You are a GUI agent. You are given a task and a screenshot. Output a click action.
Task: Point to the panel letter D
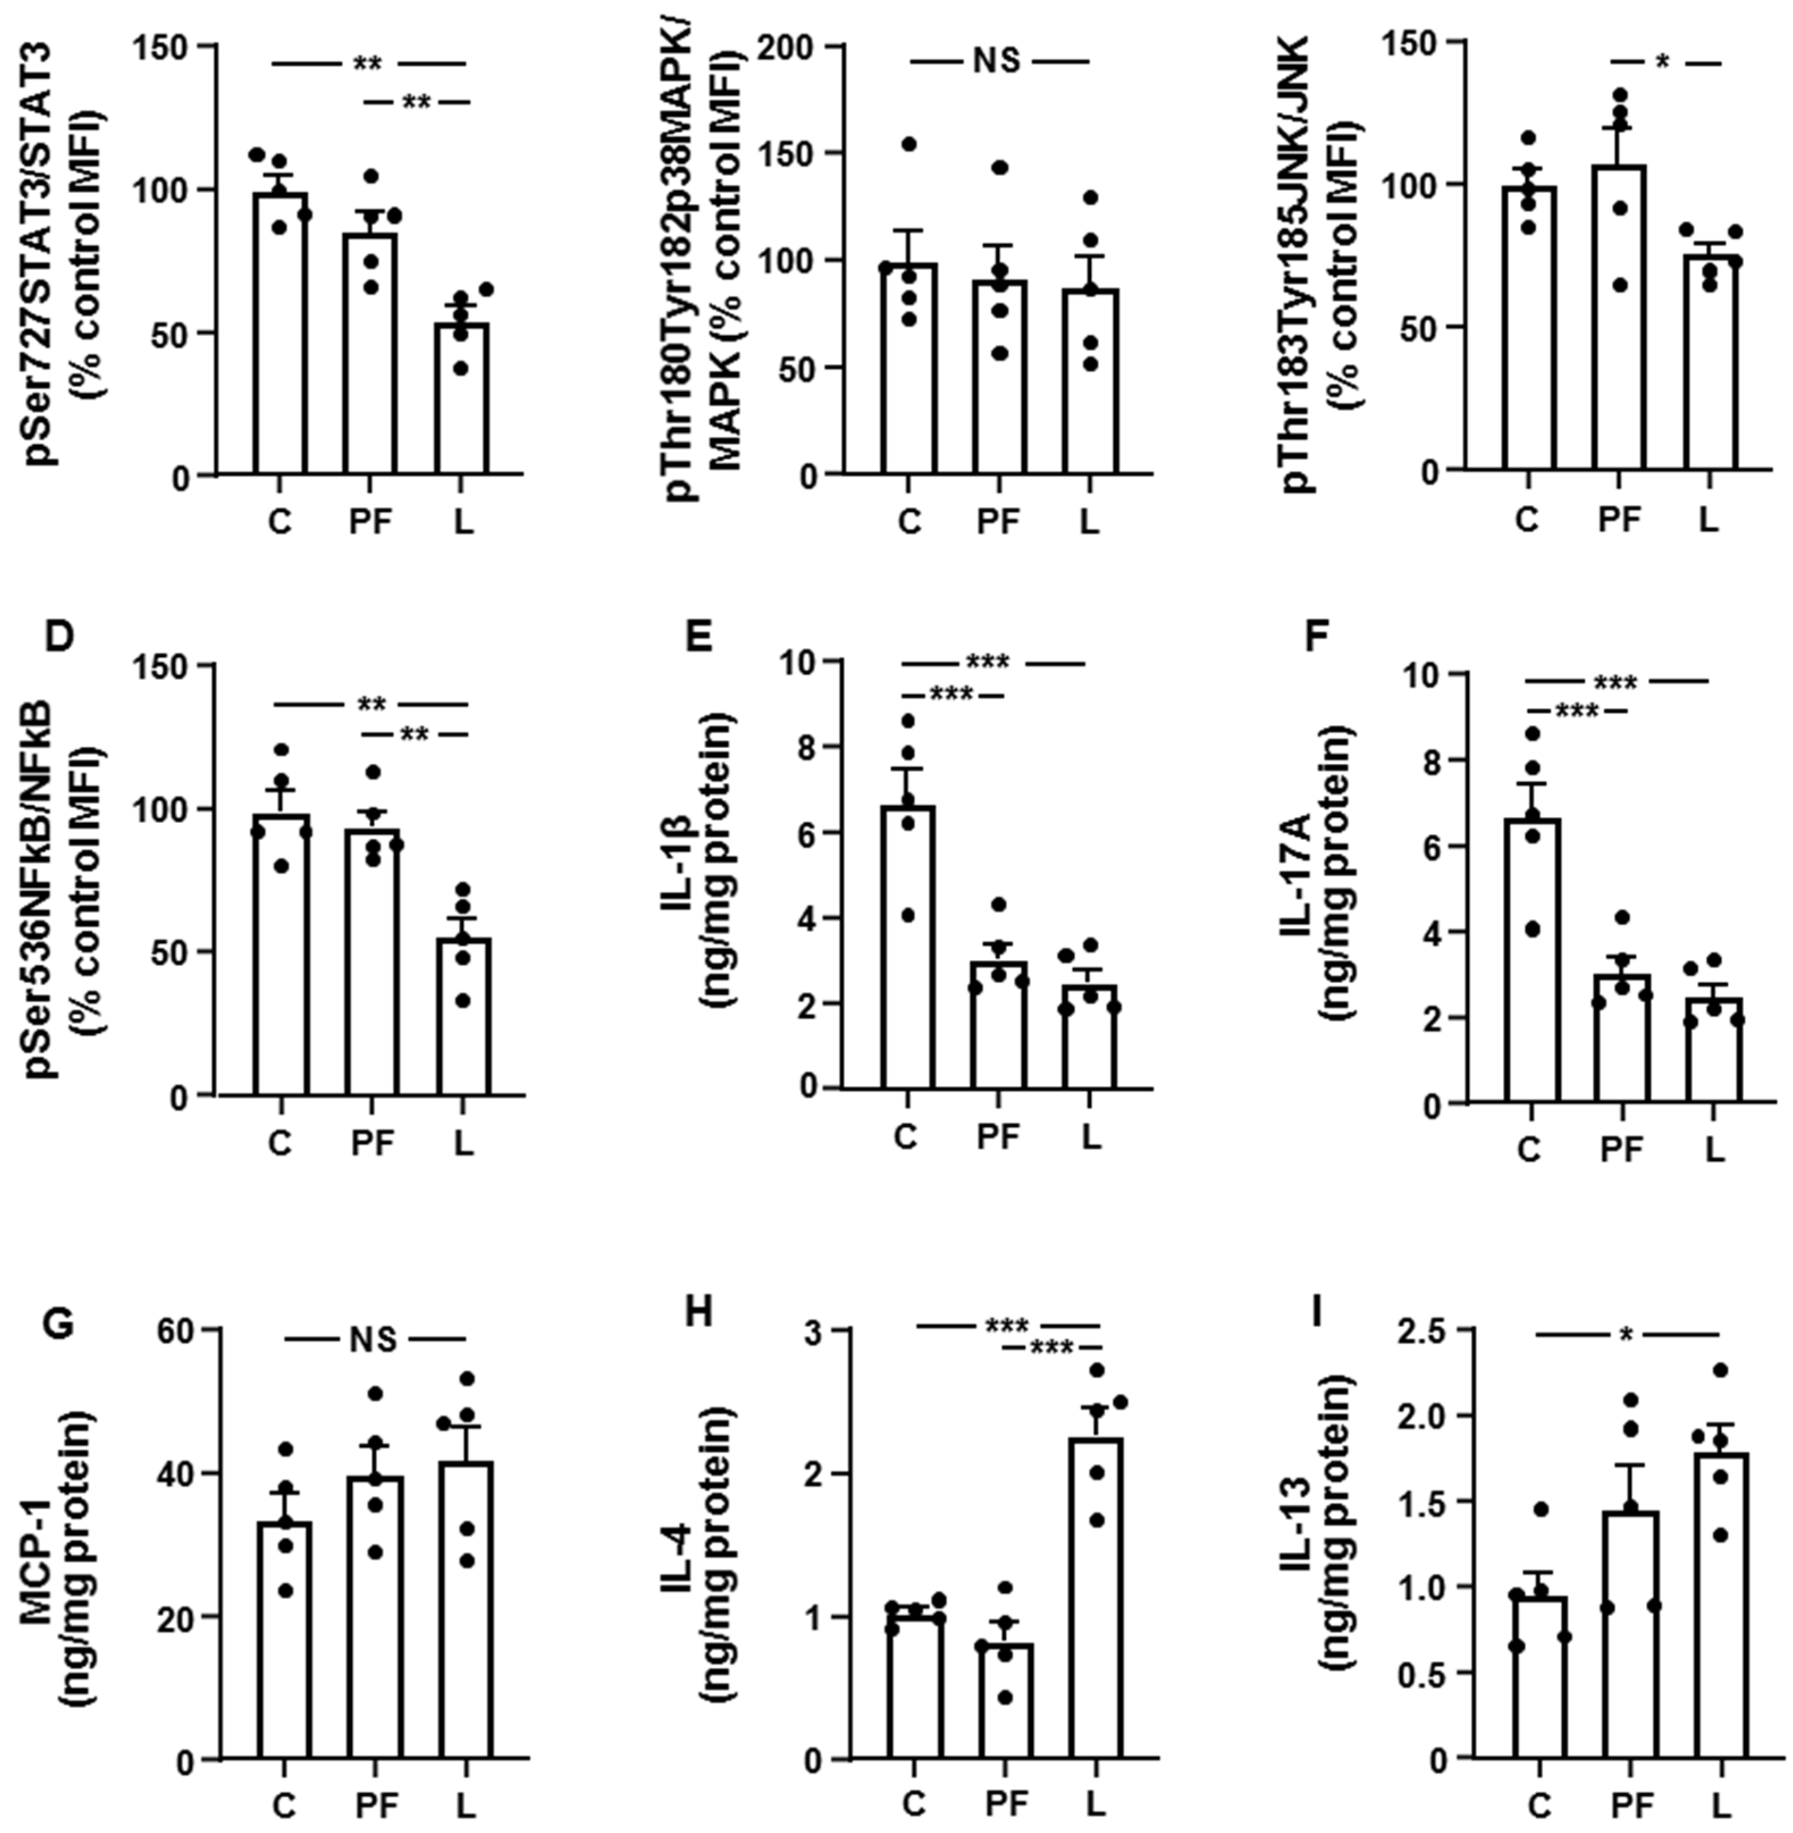click(x=58, y=635)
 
